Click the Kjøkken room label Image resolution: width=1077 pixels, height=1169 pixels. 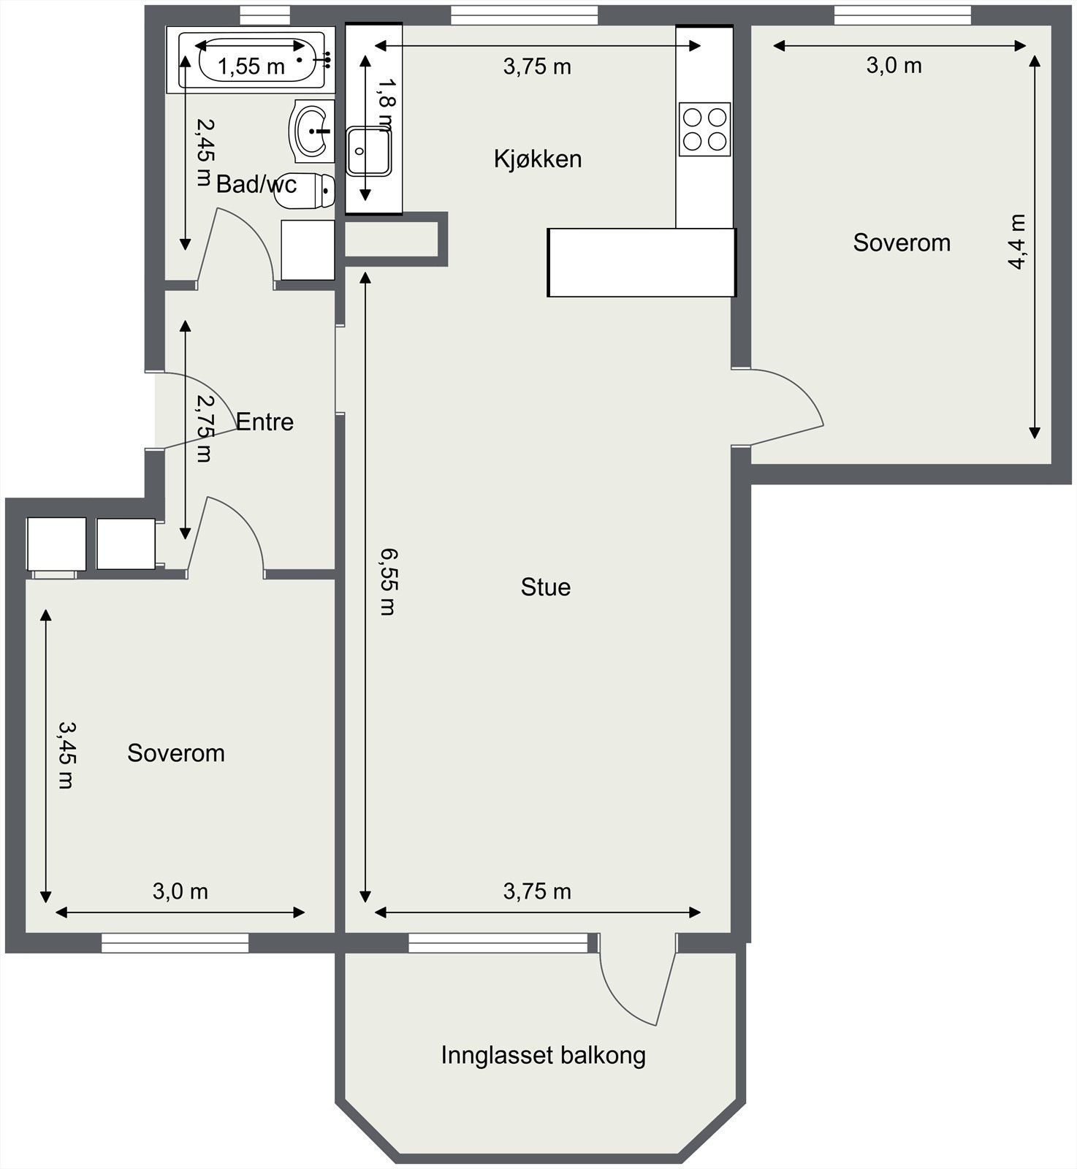(538, 159)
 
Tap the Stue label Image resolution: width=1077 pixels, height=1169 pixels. (546, 587)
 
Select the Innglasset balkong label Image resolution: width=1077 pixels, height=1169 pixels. (544, 1055)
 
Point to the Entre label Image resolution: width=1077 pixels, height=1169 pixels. (265, 422)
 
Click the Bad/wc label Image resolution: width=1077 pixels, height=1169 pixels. (256, 184)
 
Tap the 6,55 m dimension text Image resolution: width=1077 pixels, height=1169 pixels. (387, 582)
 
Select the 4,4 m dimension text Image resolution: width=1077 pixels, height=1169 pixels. (1016, 242)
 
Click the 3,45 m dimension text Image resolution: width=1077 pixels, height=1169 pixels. (67, 755)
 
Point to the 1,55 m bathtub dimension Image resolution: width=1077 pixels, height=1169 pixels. (251, 66)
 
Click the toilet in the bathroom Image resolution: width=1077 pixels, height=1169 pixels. (305, 191)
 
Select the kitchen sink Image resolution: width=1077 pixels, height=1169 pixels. (369, 151)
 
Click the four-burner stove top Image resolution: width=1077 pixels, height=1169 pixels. (704, 129)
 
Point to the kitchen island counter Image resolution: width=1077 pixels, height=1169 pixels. (642, 262)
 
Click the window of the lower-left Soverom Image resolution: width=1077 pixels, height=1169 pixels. (175, 943)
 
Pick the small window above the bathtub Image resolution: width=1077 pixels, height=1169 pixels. (265, 15)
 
